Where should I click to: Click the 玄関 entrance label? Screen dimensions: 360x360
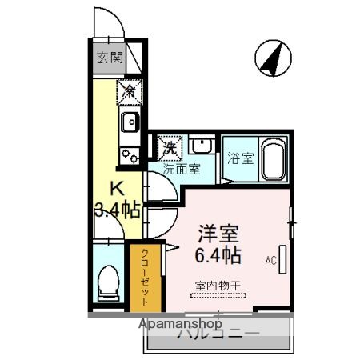point(111,58)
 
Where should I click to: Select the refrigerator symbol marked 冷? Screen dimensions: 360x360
point(128,92)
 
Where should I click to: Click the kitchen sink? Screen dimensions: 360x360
point(128,122)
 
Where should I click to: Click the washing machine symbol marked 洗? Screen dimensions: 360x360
point(170,146)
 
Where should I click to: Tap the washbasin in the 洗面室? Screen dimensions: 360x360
point(201,147)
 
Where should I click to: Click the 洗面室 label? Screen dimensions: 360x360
point(180,170)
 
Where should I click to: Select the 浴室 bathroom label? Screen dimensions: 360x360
point(241,158)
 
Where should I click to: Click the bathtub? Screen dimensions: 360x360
point(274,158)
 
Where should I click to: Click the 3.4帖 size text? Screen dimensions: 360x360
point(118,211)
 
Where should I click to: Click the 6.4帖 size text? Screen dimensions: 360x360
point(218,255)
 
